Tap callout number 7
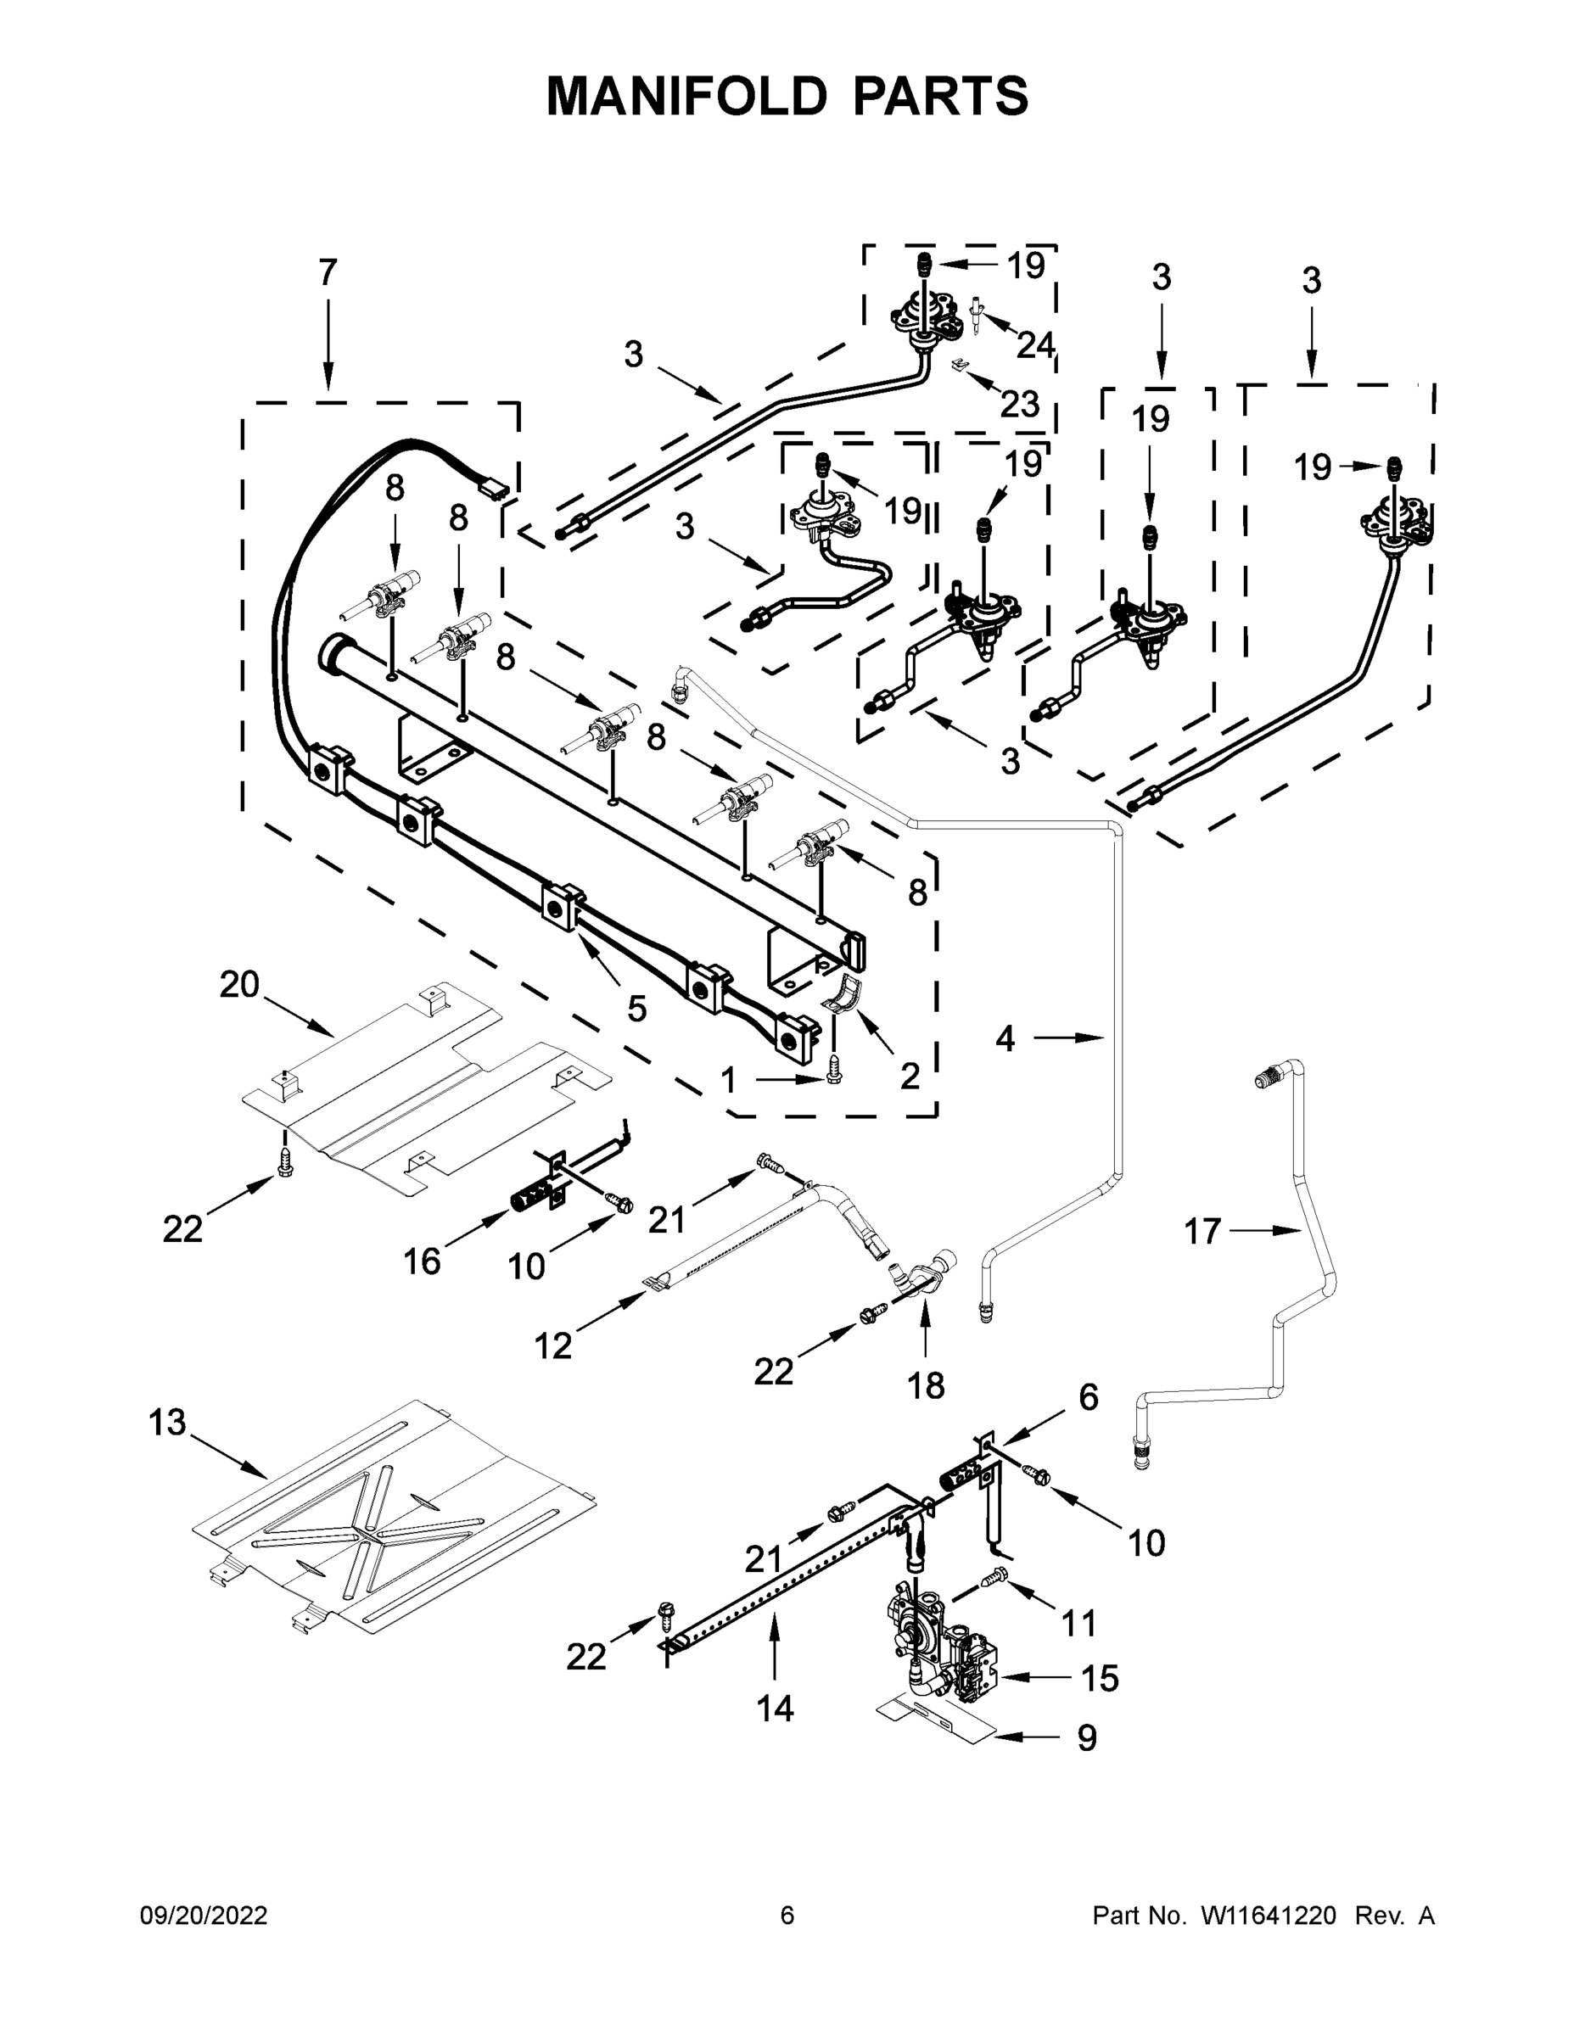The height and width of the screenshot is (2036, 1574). tap(328, 273)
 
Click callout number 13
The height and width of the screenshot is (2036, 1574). tap(168, 1423)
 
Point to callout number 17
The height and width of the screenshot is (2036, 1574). tap(1202, 1232)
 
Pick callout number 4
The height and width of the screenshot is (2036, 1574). tap(1005, 1038)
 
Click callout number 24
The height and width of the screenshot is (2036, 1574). tap(1035, 346)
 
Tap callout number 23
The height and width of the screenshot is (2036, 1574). tap(1019, 404)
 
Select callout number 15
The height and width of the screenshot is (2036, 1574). tap(1100, 1678)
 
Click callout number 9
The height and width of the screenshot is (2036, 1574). tap(1087, 1737)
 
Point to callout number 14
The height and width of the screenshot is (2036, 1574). tap(775, 1708)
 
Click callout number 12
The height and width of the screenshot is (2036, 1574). tap(552, 1345)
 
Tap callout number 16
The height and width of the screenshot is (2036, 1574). tap(422, 1261)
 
